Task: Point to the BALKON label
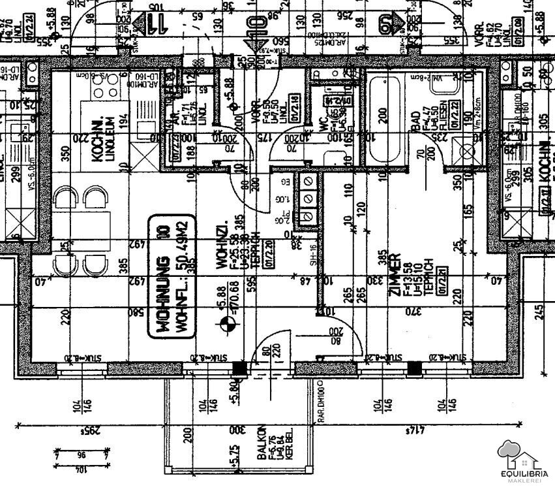coord(261,443)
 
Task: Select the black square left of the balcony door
coord(240,368)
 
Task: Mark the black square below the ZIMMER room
coord(413,368)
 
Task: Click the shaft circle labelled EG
coord(307,180)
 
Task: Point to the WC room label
coord(322,123)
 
